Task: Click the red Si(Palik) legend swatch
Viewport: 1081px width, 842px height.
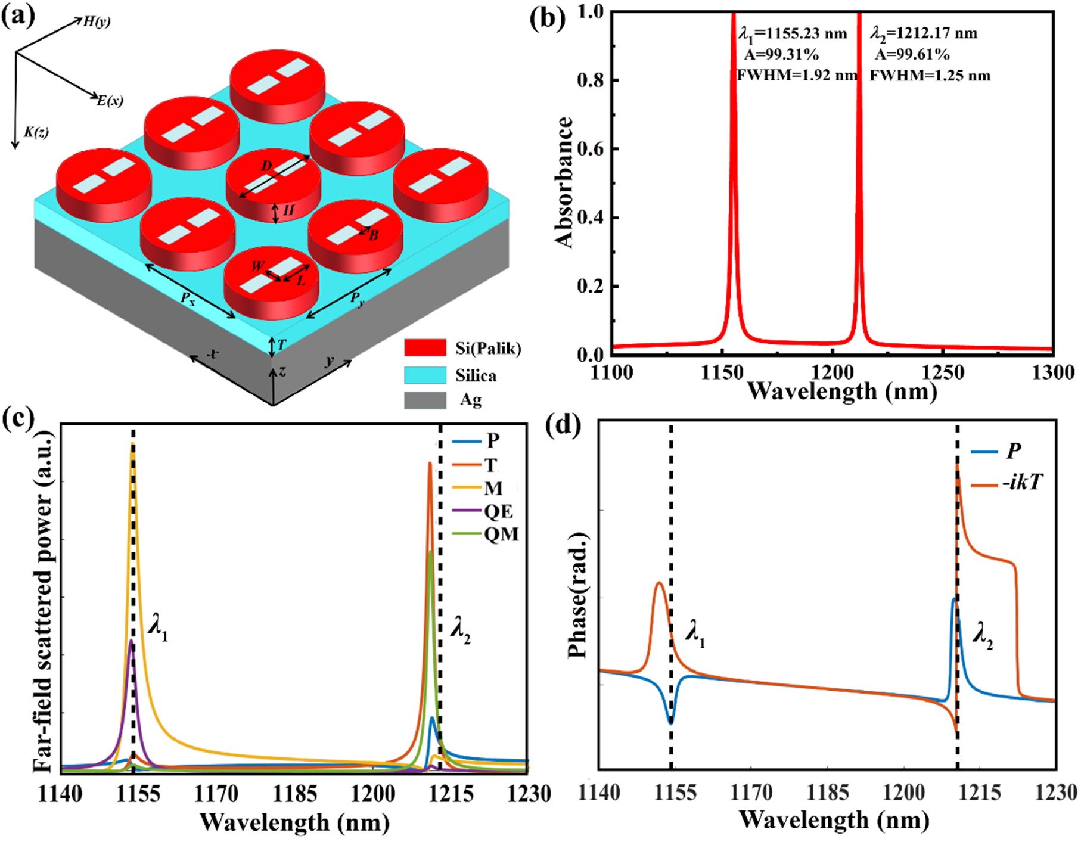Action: pos(425,348)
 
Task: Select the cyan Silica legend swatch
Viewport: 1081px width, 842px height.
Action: pos(425,375)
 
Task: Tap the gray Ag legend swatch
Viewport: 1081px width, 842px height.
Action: pos(425,400)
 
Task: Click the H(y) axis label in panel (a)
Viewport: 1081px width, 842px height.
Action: pos(97,22)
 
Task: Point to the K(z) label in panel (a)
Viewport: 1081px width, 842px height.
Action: pos(36,132)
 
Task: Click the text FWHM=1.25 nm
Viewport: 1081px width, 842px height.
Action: pos(930,76)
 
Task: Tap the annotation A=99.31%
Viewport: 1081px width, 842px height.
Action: pos(781,55)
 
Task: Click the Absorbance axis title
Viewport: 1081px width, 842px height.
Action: pos(564,182)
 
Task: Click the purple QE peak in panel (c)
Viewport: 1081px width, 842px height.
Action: pos(131,641)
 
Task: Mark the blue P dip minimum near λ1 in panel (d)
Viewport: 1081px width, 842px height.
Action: pos(671,722)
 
